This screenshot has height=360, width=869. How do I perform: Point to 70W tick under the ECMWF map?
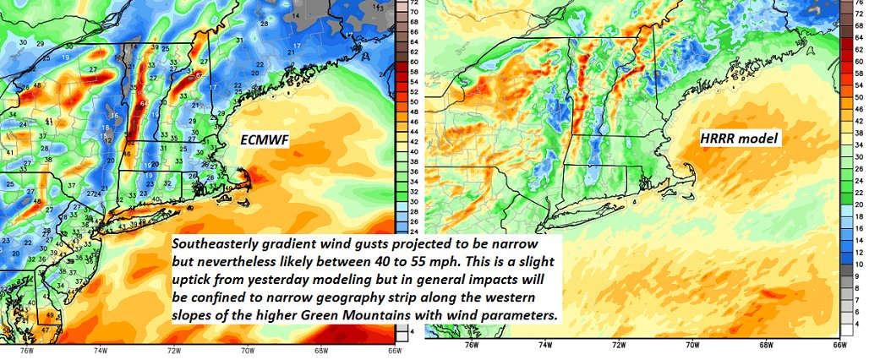[x=249, y=349]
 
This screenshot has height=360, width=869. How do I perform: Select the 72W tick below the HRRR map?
[x=618, y=346]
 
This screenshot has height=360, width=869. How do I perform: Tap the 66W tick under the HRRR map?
[x=839, y=346]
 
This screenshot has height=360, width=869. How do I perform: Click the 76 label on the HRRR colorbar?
[x=859, y=5]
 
